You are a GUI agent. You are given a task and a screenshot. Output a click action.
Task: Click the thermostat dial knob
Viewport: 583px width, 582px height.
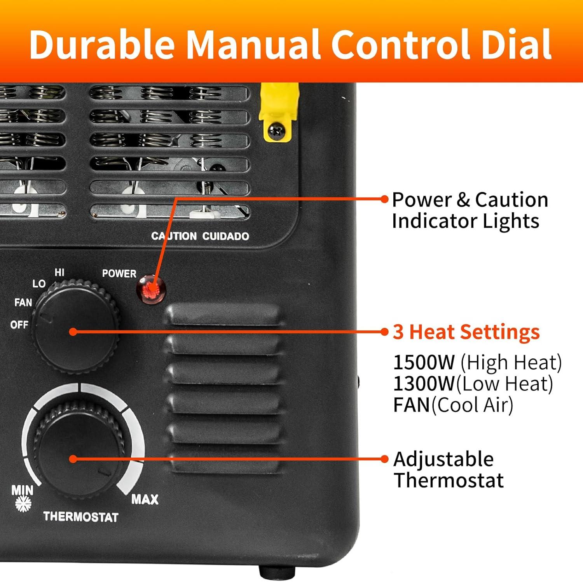pos(80,451)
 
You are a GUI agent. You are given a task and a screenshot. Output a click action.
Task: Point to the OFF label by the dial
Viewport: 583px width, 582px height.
pos(19,324)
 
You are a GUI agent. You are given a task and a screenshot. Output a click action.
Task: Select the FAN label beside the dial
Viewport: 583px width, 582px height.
pos(23,302)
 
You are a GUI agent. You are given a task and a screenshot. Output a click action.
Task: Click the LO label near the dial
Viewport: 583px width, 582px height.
pos(39,284)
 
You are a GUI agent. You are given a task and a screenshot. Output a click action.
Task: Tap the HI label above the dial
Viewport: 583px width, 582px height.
pos(59,272)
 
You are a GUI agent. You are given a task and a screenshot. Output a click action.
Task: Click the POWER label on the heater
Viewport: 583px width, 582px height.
pos(119,274)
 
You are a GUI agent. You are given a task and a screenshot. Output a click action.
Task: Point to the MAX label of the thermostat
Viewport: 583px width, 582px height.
pos(145,499)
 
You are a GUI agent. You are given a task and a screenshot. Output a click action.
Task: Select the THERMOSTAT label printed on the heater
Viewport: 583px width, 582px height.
pos(81,517)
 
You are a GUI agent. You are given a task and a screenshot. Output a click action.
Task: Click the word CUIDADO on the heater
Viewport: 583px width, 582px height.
pos(225,236)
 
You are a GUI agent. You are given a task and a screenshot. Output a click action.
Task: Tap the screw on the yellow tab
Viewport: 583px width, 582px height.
pos(276,129)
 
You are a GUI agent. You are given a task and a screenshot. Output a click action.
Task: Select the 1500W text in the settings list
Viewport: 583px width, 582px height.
pos(424,362)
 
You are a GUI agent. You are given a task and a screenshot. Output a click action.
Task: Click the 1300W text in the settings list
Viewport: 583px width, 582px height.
pos(424,384)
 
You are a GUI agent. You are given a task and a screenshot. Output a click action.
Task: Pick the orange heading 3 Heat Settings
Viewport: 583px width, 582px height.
pos(466,332)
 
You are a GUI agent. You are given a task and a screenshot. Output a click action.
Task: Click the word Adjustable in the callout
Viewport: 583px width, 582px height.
pos(443,459)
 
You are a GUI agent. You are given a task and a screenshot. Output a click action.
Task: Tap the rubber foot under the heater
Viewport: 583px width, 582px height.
pos(277,572)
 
